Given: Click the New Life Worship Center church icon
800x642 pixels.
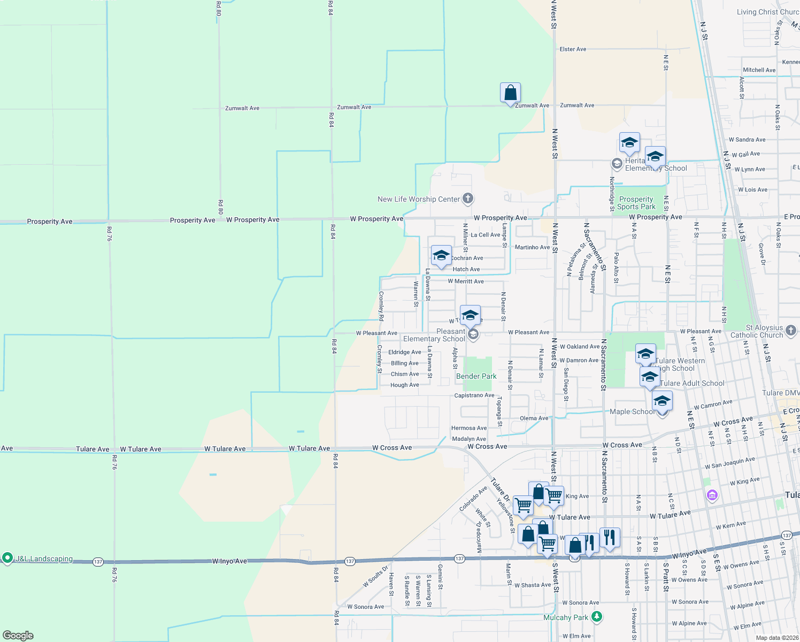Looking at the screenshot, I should coord(468,199).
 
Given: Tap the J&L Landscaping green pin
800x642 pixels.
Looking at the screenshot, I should coord(7,558).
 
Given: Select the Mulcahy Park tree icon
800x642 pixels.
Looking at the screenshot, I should coord(597,617).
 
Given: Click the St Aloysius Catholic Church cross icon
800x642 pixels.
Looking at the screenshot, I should coord(791,331).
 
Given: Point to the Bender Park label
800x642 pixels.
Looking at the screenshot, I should coord(476,376).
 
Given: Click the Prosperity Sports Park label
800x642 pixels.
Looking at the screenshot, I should coord(636,203).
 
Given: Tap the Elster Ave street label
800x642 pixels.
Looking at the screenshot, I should coord(573,49).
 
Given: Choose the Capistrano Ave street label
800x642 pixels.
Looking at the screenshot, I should coord(474,395).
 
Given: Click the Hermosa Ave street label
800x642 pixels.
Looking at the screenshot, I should coord(469,428).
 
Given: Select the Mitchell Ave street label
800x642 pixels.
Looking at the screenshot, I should coord(759,70).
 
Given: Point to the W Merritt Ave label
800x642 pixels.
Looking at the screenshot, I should coord(465,281).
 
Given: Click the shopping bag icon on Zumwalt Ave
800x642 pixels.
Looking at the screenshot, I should coord(511,93).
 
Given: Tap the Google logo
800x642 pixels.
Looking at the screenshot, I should coord(18,636).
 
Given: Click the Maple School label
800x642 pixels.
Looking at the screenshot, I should coord(632,411).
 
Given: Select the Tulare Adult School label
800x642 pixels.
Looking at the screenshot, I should coord(692,383).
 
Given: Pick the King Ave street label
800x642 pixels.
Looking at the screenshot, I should coord(577,496).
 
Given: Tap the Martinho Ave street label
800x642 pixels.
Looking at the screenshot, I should coord(532,247).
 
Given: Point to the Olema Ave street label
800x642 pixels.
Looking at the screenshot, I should coord(534,418).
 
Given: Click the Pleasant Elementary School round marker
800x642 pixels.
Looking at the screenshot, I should coord(473,335).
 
